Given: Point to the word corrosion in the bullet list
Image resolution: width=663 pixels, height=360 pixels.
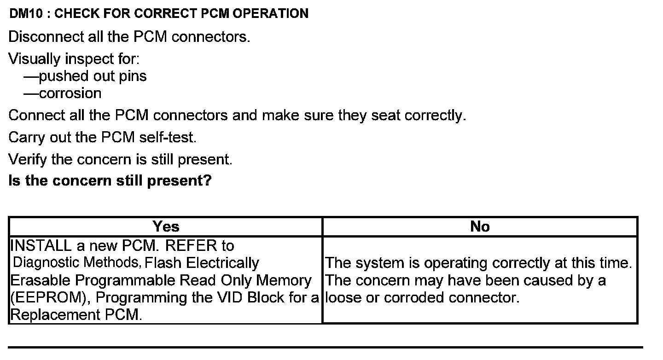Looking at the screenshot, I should [70, 93].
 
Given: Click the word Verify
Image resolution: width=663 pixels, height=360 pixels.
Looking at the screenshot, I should [28, 159].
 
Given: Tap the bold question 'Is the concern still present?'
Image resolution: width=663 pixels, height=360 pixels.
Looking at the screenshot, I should [110, 180].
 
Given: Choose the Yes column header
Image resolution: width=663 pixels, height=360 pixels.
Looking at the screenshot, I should [166, 226].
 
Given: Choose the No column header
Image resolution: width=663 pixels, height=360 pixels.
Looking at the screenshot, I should [480, 226].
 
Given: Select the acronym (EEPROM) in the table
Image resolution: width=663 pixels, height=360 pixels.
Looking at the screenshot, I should [50, 298].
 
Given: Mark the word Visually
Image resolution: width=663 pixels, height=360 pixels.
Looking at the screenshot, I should [35, 59].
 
